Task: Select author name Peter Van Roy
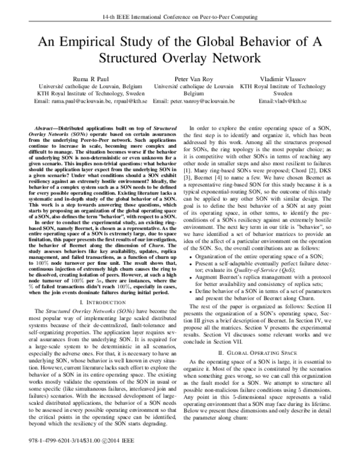click(x=194, y=79)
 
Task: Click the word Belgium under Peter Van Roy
click(x=194, y=94)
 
